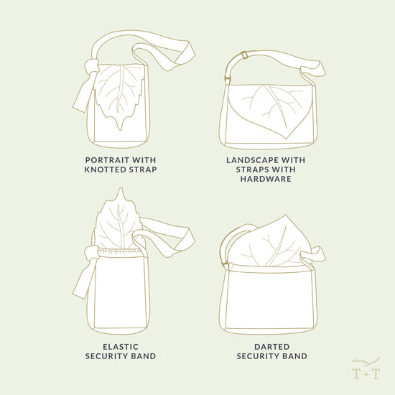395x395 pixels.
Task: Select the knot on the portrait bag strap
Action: point(90,68)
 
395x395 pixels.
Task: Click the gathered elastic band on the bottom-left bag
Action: point(119,251)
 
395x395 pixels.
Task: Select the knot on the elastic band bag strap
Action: point(90,252)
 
